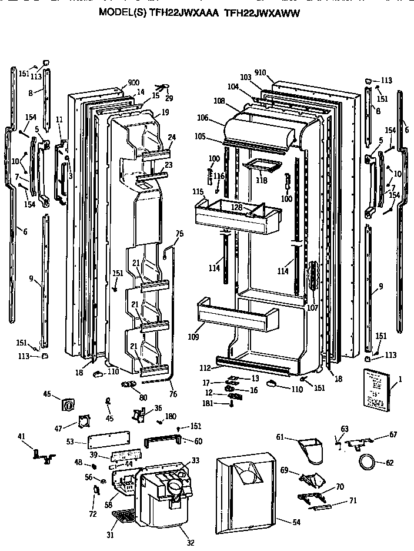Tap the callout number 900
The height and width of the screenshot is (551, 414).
(133, 83)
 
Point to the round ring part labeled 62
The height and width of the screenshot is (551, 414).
(368, 462)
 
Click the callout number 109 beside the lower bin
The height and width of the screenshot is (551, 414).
(194, 337)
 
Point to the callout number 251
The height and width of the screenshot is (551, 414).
(118, 273)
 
